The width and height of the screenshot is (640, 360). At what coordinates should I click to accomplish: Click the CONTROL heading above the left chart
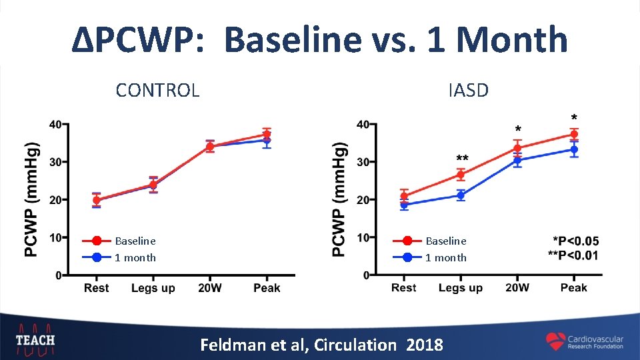[157, 90]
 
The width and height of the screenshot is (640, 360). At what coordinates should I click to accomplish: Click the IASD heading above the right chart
[468, 90]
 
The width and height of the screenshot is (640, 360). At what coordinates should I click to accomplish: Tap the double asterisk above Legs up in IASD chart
[461, 159]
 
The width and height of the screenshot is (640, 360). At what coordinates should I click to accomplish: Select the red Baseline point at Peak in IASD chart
[573, 135]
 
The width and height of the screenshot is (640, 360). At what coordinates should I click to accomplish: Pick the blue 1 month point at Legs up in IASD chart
[461, 195]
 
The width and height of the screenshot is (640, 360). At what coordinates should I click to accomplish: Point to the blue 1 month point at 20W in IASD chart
[517, 160]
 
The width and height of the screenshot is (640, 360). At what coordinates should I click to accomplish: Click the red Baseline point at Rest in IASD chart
[404, 196]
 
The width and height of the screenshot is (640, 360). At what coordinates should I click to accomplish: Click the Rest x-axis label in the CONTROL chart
[97, 288]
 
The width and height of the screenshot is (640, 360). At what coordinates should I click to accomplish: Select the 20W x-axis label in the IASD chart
[517, 288]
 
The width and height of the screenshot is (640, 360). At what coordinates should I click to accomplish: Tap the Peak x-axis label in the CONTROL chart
[267, 288]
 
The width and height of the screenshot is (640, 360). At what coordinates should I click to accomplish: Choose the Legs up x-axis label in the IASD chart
[461, 288]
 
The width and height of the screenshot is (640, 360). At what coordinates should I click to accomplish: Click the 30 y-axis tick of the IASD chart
[363, 162]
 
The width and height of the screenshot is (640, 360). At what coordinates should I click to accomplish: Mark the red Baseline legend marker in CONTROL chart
[97, 241]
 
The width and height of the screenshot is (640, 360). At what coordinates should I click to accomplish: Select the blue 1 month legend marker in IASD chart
[407, 257]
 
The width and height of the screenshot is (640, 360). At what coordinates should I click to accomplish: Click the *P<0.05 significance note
[576, 241]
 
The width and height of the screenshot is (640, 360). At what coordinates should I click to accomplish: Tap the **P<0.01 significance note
[573, 255]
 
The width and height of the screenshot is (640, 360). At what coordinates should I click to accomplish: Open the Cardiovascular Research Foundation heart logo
[555, 341]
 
